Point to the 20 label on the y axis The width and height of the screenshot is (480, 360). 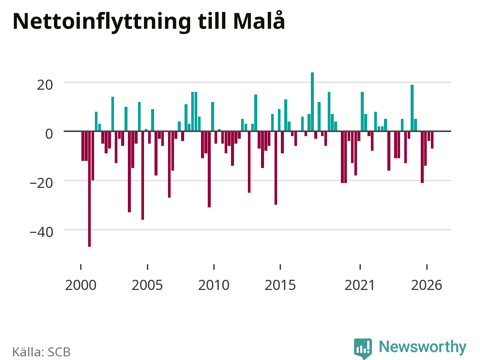[x=45, y=85]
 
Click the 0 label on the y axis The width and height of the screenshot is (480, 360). [x=49, y=134]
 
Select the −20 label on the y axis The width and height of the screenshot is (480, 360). [x=41, y=183]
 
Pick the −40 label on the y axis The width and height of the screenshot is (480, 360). [x=41, y=232]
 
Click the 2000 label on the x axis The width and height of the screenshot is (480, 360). [x=81, y=285]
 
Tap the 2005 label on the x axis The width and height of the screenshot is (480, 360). [x=147, y=285]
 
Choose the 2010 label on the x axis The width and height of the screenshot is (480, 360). [x=214, y=285]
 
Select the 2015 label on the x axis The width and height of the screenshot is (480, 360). [x=280, y=285]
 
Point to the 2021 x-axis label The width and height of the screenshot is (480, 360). [x=360, y=285]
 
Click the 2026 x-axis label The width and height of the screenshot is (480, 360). [x=426, y=285]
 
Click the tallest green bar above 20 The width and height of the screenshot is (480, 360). [x=312, y=102]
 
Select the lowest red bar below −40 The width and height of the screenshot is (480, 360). [x=90, y=189]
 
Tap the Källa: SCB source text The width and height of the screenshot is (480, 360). [x=41, y=352]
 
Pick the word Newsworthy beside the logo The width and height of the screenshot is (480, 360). [x=423, y=347]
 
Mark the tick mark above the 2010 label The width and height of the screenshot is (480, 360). [x=214, y=267]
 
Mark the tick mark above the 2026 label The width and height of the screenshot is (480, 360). [x=427, y=267]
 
